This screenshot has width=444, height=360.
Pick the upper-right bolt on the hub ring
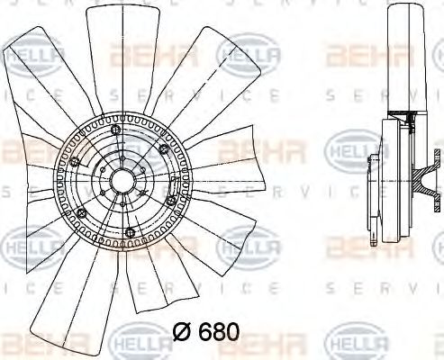coord(162,148)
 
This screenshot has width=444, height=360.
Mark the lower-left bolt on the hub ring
coord(81,213)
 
